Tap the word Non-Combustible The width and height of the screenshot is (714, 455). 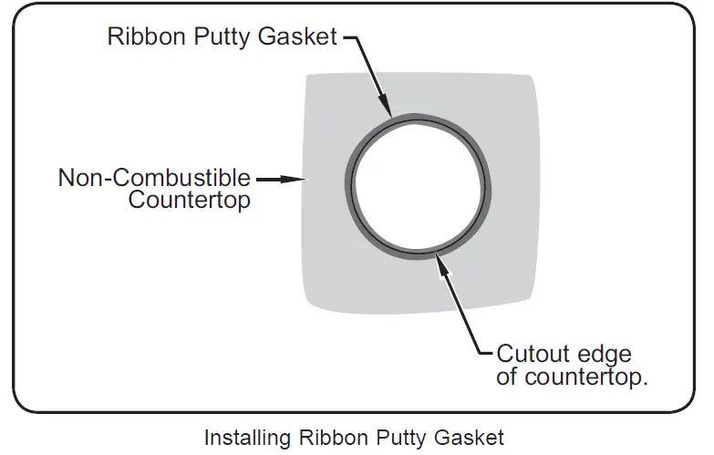click(154, 177)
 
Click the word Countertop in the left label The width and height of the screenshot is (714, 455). click(189, 201)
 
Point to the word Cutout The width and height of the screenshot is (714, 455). click(534, 354)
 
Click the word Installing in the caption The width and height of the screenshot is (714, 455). click(243, 438)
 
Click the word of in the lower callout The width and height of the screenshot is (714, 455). click(506, 377)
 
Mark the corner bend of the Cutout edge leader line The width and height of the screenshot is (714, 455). click(479, 353)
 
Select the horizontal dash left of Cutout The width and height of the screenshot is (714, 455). click(486, 353)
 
